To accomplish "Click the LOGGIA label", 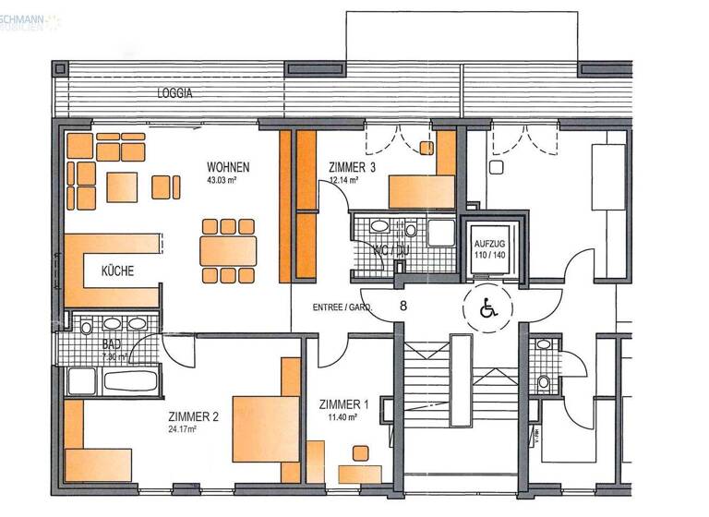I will [x=175, y=93].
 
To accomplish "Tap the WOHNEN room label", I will [x=227, y=167].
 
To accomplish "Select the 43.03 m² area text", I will [x=227, y=181].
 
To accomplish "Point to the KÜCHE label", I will [x=117, y=271].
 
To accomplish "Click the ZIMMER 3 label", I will [x=352, y=167].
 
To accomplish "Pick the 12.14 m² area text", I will [x=343, y=181].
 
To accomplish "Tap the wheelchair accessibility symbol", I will [x=487, y=308].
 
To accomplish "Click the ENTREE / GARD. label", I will [x=341, y=307].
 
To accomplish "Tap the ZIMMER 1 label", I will [x=342, y=404].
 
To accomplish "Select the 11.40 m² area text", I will [x=342, y=417].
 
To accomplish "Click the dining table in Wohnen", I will [x=228, y=249].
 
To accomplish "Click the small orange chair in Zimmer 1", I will [x=359, y=453].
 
